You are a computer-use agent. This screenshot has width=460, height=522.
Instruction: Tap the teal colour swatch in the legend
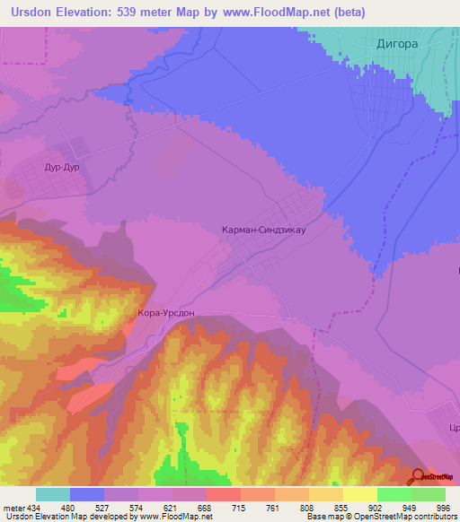[x=53, y=494]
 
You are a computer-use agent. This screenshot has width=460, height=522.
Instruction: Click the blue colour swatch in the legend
[x=87, y=494]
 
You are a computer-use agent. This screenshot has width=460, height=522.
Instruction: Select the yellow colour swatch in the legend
[x=359, y=494]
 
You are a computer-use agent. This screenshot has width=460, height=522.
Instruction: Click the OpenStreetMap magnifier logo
[x=420, y=476]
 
